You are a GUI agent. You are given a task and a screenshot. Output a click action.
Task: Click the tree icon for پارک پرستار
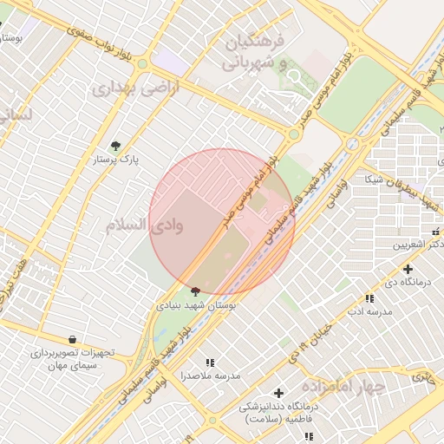(x=116, y=146)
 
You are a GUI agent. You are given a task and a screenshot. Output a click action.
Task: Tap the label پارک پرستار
(x=116, y=160)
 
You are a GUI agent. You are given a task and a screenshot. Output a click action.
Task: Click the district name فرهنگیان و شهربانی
(x=260, y=52)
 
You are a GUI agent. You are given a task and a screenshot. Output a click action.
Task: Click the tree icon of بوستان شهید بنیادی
(x=195, y=292)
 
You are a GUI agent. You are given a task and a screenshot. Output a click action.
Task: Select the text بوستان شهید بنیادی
(x=196, y=306)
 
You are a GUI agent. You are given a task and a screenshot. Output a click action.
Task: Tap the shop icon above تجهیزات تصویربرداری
(x=72, y=339)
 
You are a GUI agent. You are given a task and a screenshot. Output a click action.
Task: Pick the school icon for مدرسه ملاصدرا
(x=209, y=362)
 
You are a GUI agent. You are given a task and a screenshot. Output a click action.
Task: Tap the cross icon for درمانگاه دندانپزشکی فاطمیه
(x=278, y=393)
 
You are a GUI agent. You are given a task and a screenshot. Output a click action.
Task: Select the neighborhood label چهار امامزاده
(x=343, y=386)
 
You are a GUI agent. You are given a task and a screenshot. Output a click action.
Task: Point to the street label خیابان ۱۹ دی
(x=310, y=339)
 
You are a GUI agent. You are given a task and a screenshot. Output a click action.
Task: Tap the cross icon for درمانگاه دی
(x=408, y=269)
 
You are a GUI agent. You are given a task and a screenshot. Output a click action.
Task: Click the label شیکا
(x=374, y=180)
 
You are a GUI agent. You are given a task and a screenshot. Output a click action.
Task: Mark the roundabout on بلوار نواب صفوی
(x=141, y=64)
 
